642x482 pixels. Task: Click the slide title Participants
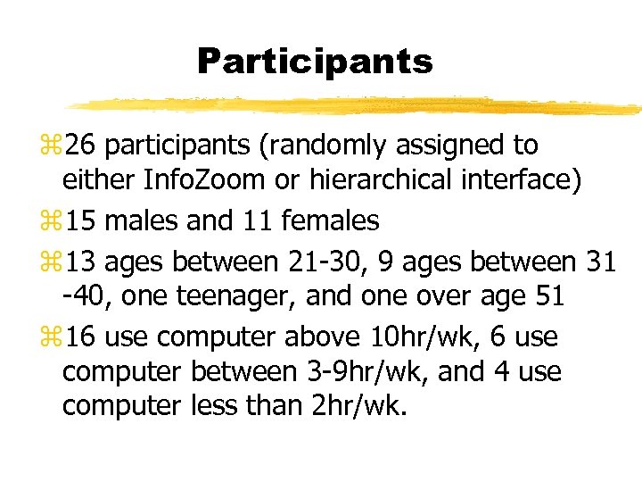(x=314, y=62)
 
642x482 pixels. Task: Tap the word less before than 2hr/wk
(x=213, y=405)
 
